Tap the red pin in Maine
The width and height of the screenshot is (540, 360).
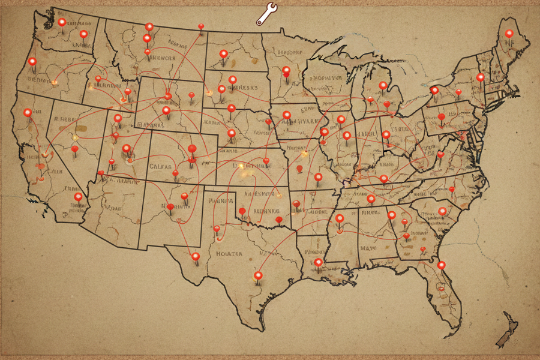click(509, 34)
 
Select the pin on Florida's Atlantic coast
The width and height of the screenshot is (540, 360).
click(441, 265)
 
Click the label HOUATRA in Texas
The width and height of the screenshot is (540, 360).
click(229, 254)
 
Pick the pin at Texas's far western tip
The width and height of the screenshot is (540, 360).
click(195, 257)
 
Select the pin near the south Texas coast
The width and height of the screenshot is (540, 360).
click(258, 275)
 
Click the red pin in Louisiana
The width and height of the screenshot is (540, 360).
click(318, 262)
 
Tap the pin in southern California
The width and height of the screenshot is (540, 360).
click(78, 197)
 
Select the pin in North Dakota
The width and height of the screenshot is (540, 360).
click(223, 55)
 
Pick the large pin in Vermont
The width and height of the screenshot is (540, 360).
click(480, 77)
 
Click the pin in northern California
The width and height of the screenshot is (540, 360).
click(27, 112)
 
